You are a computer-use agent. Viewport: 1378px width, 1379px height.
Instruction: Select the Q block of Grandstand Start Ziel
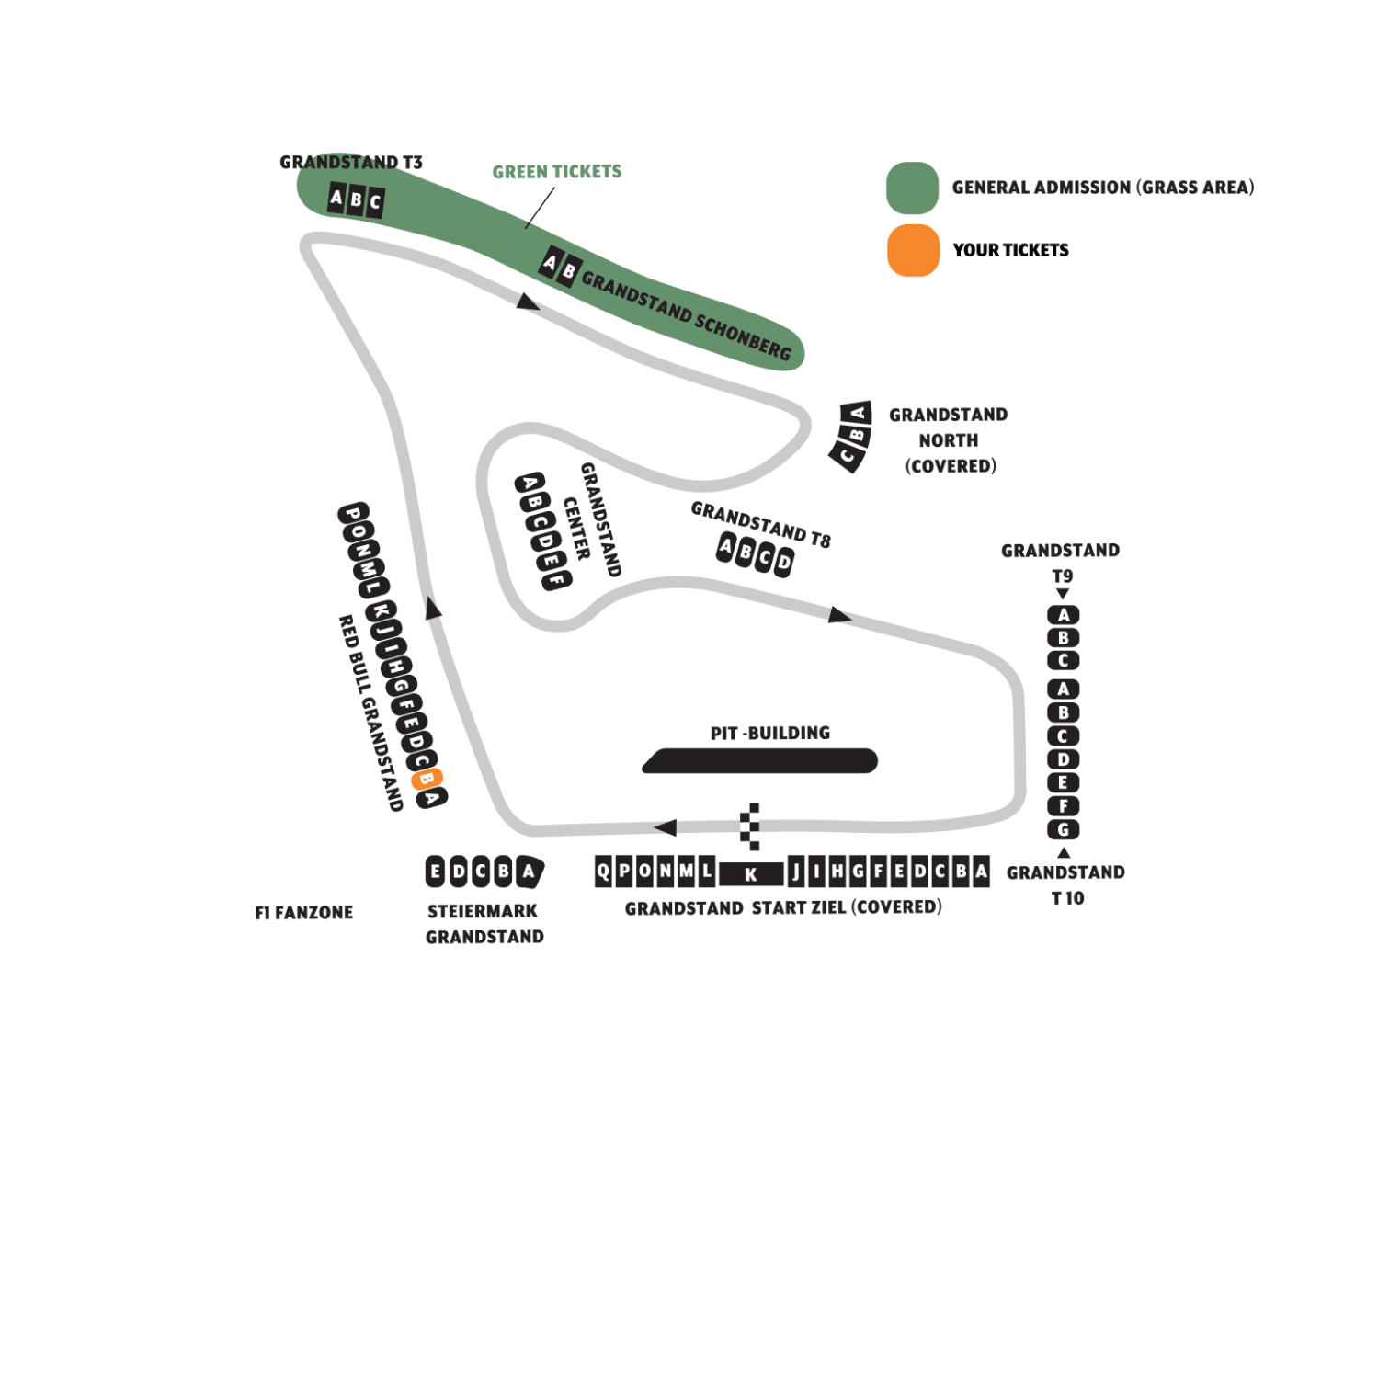tap(603, 871)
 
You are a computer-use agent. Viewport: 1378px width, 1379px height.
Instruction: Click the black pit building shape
tap(760, 760)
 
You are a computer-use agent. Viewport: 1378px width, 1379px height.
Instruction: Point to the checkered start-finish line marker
tap(750, 826)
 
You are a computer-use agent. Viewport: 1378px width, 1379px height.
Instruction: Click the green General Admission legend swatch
tap(912, 188)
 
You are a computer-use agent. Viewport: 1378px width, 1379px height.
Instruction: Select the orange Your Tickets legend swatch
tap(913, 250)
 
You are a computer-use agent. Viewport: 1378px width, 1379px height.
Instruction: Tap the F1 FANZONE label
tap(303, 913)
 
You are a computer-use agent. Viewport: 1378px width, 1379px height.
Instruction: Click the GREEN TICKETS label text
tap(556, 172)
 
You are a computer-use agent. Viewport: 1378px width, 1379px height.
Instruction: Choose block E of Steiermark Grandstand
tap(436, 871)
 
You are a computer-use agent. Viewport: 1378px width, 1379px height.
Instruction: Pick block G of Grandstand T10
tap(1064, 829)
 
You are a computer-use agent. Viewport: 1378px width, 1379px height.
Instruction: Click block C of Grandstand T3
tap(375, 202)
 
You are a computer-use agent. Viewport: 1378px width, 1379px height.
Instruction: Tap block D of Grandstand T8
tap(783, 561)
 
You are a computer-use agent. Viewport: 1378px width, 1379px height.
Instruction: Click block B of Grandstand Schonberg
tap(569, 272)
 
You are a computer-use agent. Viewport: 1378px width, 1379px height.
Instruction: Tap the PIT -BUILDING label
tap(770, 733)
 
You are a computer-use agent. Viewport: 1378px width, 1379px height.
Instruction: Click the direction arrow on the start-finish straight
tap(665, 827)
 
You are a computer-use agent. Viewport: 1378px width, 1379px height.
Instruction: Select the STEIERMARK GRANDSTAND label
tap(484, 924)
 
